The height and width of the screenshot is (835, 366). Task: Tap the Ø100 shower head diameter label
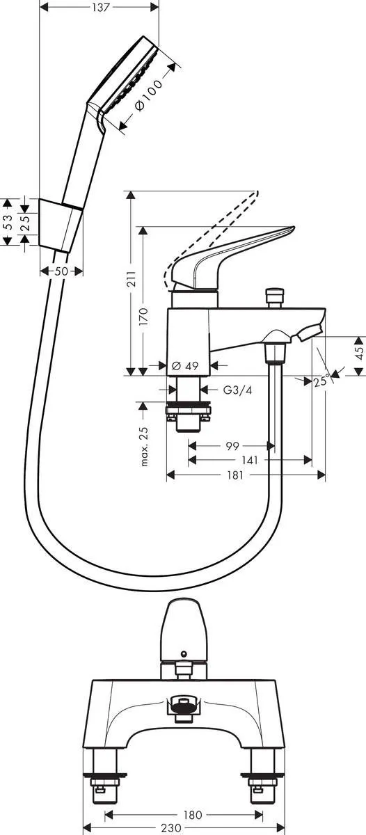pos(149,95)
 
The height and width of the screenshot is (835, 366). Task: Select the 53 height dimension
pos(8,222)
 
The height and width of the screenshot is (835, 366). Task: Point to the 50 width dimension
pos(61,271)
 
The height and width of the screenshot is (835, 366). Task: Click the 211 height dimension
pos(131,278)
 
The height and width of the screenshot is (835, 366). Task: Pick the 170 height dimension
pos(143,316)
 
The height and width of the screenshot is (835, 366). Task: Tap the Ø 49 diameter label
pos(185,366)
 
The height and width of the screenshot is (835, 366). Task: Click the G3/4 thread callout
pos(238,390)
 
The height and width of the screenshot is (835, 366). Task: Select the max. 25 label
pos(144,446)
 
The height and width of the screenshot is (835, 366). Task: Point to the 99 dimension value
pos(232,446)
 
